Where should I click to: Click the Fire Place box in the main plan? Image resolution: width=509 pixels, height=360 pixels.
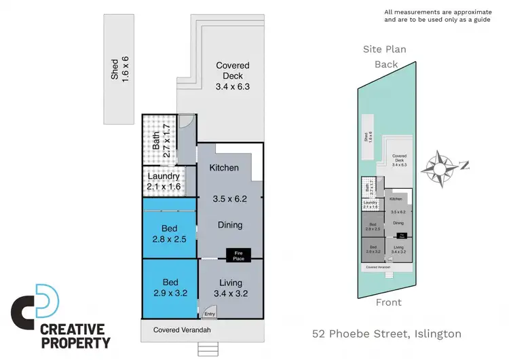[238, 255]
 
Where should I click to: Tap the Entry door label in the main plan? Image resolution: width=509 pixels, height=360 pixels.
[210, 313]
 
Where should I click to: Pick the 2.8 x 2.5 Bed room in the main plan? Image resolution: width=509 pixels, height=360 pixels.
[170, 233]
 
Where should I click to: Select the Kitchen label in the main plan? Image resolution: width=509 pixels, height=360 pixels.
[224, 168]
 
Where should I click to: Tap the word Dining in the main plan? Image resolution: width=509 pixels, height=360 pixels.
[230, 225]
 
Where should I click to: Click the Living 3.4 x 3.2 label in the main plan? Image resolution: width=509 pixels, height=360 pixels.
[230, 288]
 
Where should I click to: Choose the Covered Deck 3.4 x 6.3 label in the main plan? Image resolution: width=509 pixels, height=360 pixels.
[233, 75]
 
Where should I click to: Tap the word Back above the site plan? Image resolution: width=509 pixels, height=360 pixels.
[387, 65]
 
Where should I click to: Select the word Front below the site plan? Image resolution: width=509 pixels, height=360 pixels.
[390, 302]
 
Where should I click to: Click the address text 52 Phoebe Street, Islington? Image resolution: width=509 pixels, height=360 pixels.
[387, 334]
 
